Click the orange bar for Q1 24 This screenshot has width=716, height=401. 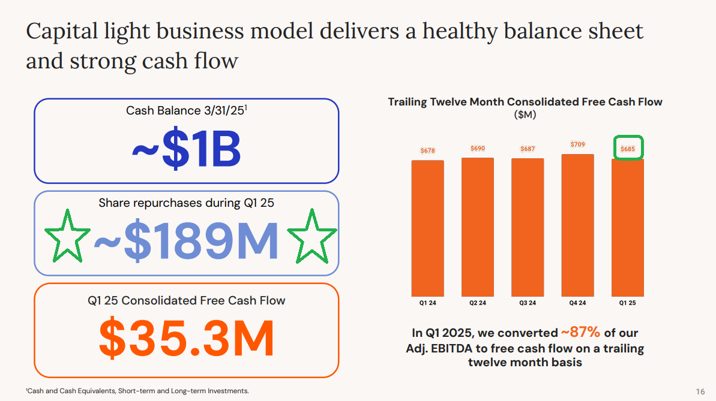click(427, 228)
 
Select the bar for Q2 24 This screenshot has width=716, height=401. click(478, 227)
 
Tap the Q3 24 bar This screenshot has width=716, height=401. click(528, 227)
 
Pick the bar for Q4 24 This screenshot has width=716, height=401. click(577, 225)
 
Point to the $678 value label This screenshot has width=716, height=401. click(428, 150)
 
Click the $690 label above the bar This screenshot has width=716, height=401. click(478, 148)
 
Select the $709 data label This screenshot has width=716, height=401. click(577, 144)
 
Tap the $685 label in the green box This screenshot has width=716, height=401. click(628, 149)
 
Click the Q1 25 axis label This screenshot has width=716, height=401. click(627, 303)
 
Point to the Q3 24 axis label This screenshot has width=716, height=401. click(528, 303)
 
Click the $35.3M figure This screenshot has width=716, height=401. click(186, 338)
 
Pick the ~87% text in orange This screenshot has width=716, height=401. click(580, 332)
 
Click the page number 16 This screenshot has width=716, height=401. click(700, 391)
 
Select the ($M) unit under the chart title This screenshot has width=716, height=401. click(525, 114)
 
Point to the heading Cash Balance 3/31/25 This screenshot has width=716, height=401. click(186, 110)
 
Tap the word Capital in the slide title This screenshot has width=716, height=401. click(62, 32)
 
